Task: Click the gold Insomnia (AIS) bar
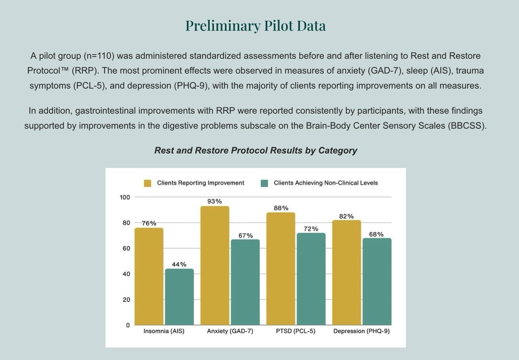149,276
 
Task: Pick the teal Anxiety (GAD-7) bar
245,282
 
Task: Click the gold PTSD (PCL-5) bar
281,269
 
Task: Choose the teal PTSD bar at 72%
311,279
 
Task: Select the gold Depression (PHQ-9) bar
346,273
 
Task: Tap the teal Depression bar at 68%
377,282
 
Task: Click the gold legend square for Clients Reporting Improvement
148,183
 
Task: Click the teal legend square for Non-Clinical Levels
265,183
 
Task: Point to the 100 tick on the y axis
125,197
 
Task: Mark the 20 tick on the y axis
126,300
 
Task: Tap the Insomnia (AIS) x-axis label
164,331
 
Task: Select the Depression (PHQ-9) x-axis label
362,331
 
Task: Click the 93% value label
215,201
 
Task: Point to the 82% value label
346,216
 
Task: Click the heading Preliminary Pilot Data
256,26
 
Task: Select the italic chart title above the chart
256,151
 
